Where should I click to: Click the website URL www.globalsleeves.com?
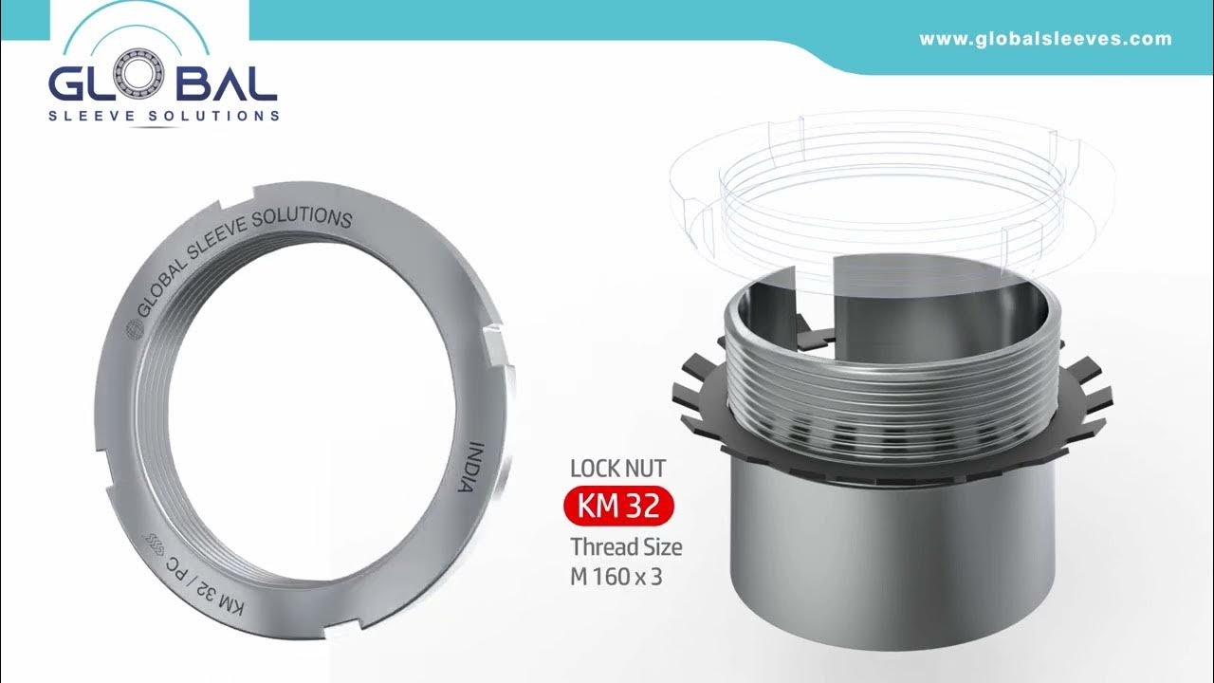(1045, 40)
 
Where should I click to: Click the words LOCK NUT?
(617, 468)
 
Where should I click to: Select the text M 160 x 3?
(616, 576)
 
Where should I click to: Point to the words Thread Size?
(626, 547)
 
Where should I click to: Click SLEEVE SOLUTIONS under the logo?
(164, 116)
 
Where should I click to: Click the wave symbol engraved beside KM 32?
(153, 544)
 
